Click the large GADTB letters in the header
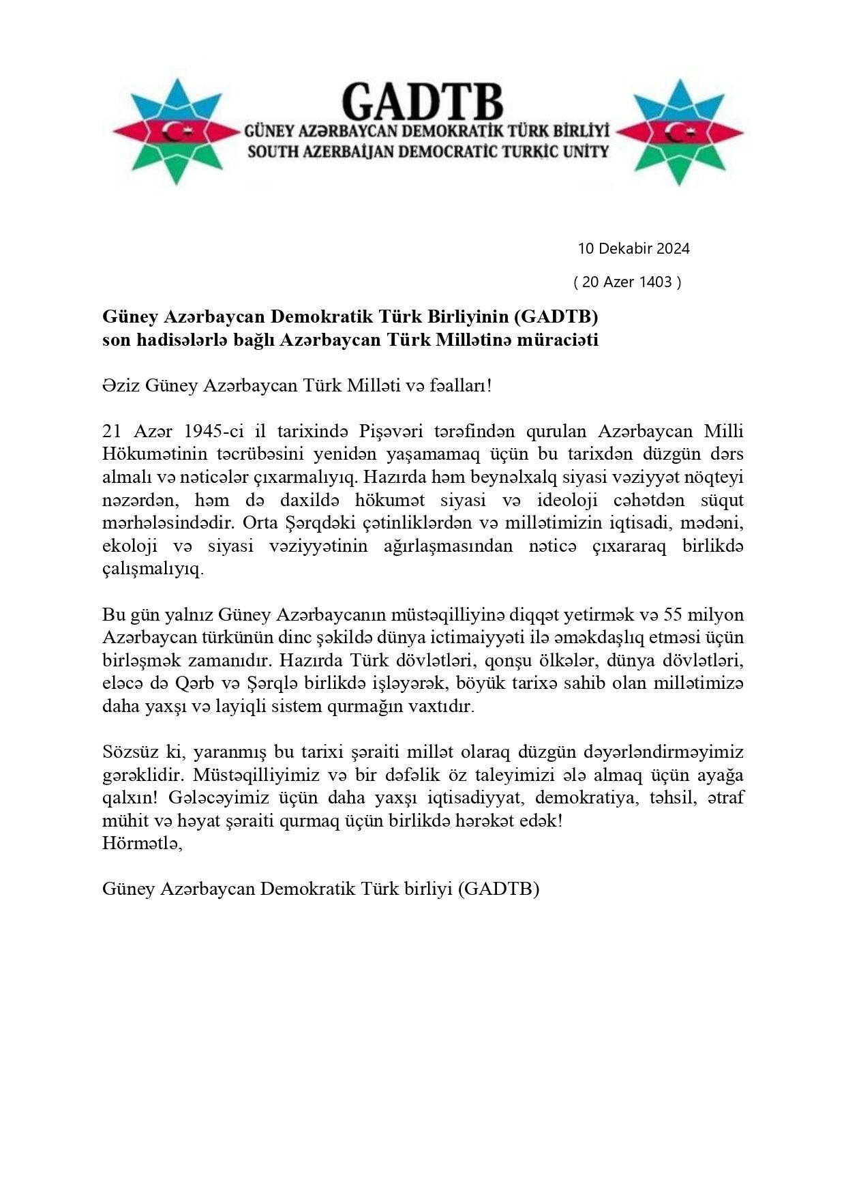[422, 101]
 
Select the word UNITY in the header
[580, 151]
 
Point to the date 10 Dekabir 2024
[633, 248]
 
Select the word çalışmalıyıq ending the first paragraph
[152, 570]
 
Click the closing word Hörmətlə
[142, 844]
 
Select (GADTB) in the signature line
[498, 889]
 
